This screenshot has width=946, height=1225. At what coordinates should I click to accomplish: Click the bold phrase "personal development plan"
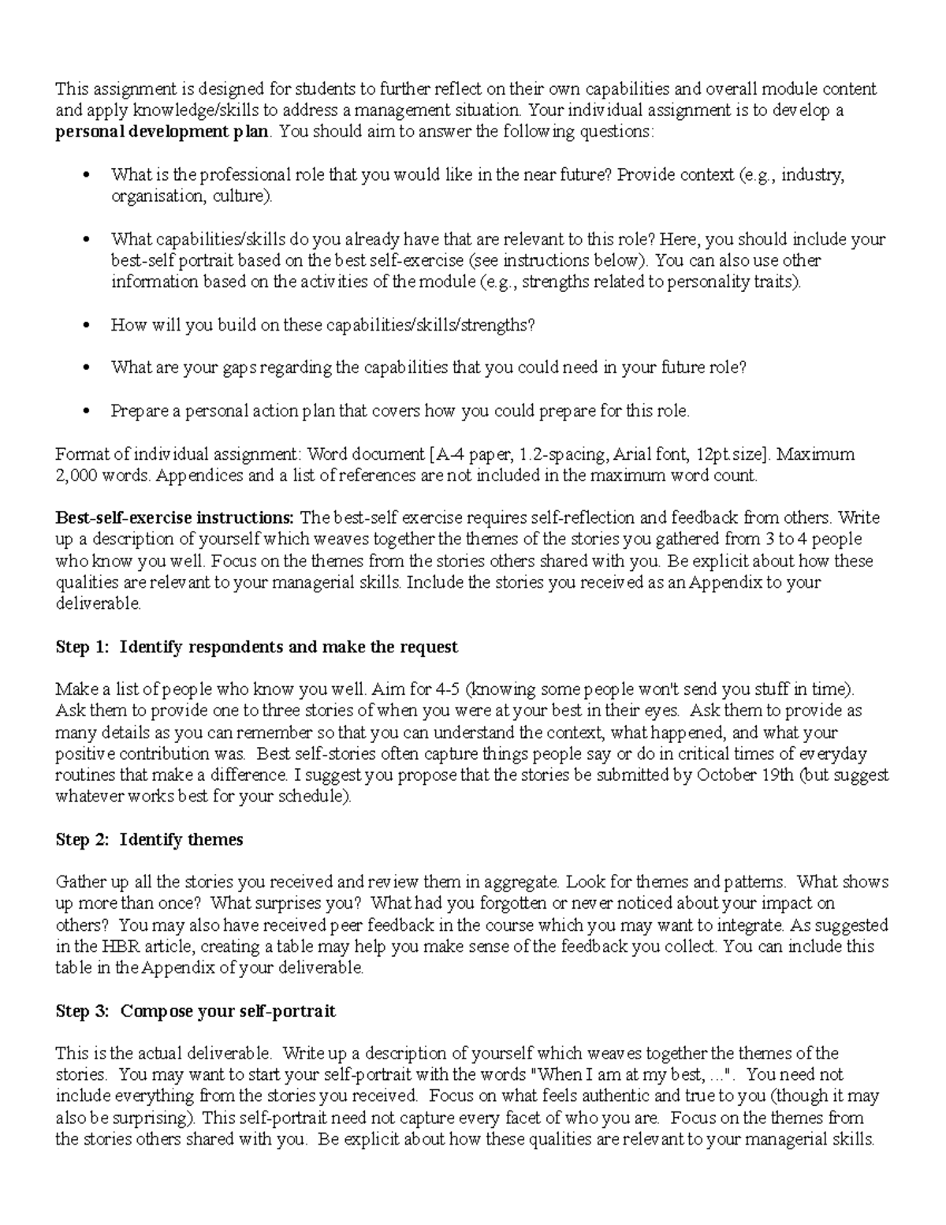162,132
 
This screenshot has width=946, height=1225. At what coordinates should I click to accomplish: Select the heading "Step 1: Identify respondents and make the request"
256,647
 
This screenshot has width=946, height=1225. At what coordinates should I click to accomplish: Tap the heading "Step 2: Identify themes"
149,839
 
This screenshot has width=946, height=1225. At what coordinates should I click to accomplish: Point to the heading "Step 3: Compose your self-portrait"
196,1011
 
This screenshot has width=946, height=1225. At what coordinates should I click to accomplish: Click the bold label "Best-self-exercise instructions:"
174,518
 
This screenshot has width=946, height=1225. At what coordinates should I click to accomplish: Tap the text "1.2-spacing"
564,454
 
